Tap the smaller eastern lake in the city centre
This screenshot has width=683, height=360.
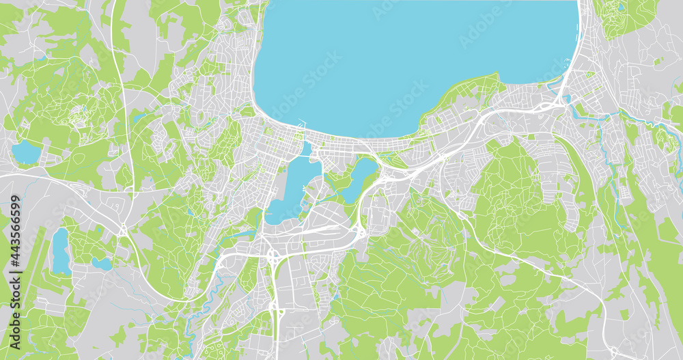(x=358, y=179)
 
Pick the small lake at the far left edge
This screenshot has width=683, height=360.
(x=26, y=152)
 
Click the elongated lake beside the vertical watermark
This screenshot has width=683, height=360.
(x=60, y=251)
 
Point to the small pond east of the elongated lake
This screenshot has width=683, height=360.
(x=102, y=263)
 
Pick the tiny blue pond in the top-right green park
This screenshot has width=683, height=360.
(x=620, y=8)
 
